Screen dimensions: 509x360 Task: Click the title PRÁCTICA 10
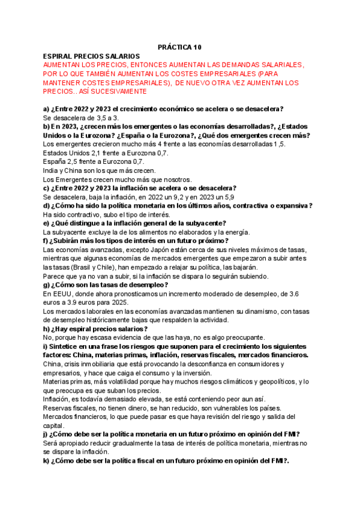pos(180,46)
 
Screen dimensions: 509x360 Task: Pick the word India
pos(51,170)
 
